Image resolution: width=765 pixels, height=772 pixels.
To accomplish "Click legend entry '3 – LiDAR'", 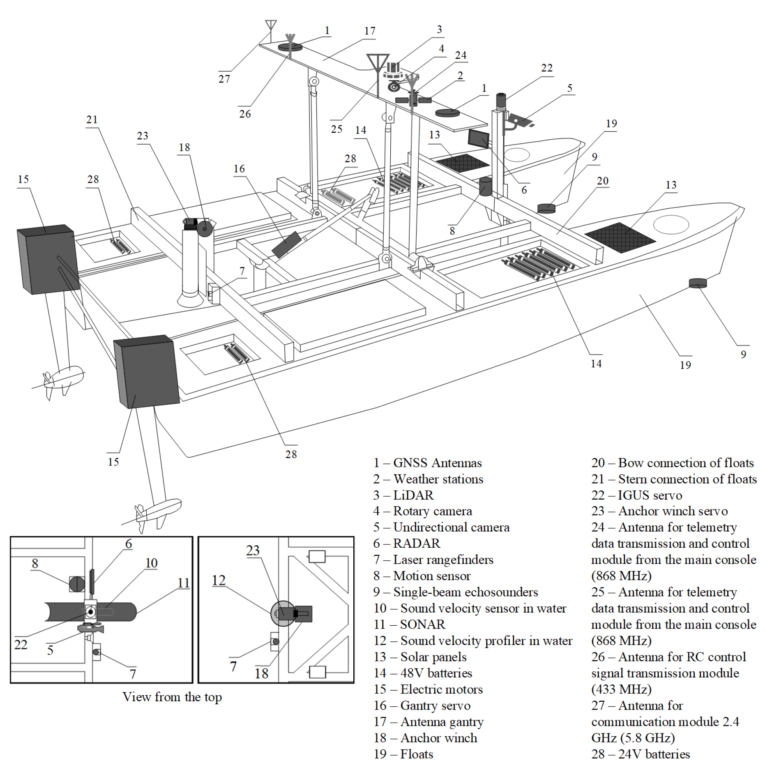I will click(403, 495).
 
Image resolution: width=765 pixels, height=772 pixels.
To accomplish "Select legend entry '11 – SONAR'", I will click(409, 625).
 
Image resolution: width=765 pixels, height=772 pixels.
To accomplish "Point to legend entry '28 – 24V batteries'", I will click(641, 754).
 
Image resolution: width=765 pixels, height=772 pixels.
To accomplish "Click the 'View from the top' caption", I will click(172, 697).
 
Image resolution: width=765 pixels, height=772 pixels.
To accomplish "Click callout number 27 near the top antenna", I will click(224, 79).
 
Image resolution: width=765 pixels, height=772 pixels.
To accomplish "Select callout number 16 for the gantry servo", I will click(239, 169).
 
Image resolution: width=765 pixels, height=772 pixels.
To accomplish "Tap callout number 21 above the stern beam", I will click(92, 120).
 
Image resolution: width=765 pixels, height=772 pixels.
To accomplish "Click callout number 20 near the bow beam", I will click(602, 181).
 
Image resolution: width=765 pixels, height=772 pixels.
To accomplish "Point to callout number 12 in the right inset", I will click(219, 580).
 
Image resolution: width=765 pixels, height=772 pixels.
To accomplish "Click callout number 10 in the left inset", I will click(151, 563).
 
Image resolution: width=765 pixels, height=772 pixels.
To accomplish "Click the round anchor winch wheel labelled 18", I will click(204, 229).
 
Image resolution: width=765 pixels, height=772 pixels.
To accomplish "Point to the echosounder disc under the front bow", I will click(698, 283).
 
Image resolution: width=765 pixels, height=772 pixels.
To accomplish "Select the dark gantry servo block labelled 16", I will click(286, 244).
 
